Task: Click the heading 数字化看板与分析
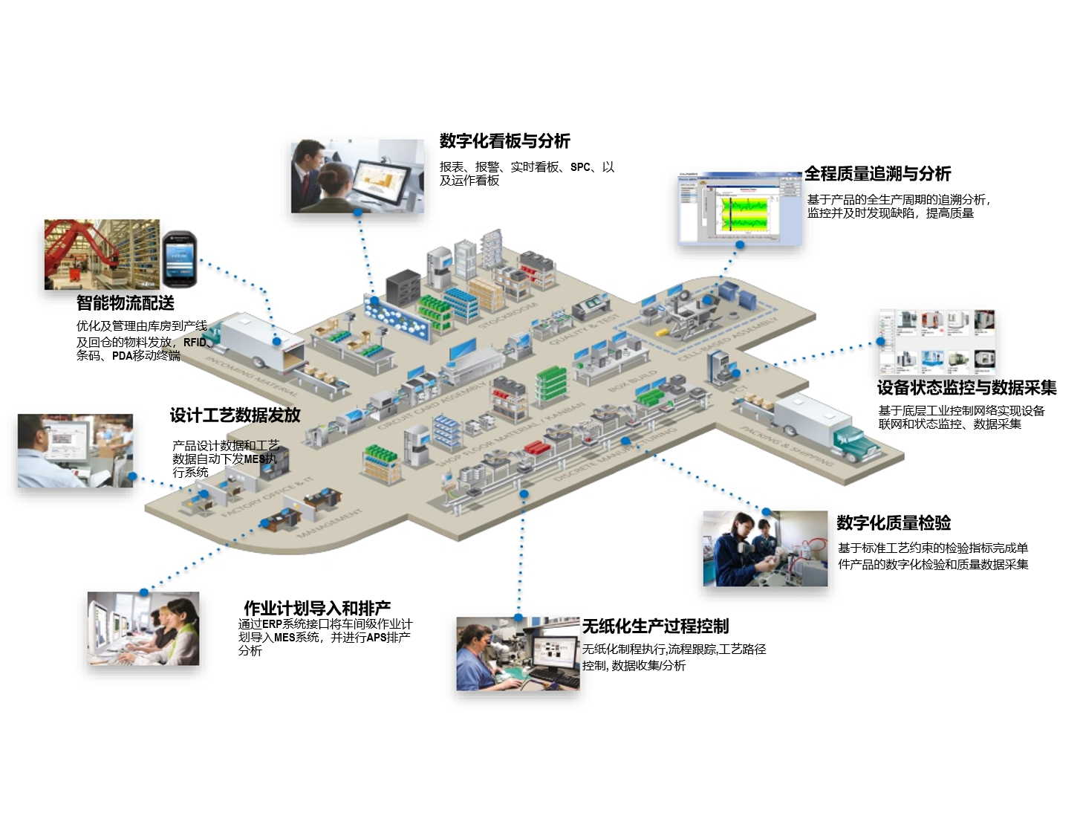click(x=504, y=141)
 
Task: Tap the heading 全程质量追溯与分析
click(x=877, y=174)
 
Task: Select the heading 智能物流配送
click(x=126, y=303)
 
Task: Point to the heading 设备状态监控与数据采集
click(x=966, y=388)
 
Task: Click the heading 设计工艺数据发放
click(x=235, y=415)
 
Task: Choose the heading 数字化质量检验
click(x=894, y=523)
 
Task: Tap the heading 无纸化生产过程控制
click(x=655, y=626)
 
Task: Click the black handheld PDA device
click(x=180, y=259)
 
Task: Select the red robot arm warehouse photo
click(x=102, y=254)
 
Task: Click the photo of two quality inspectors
click(x=765, y=548)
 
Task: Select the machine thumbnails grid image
click(x=937, y=343)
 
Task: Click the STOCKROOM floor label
click(x=508, y=314)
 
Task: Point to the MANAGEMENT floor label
click(x=330, y=522)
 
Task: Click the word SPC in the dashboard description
click(x=580, y=167)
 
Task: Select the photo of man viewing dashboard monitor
click(x=357, y=176)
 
